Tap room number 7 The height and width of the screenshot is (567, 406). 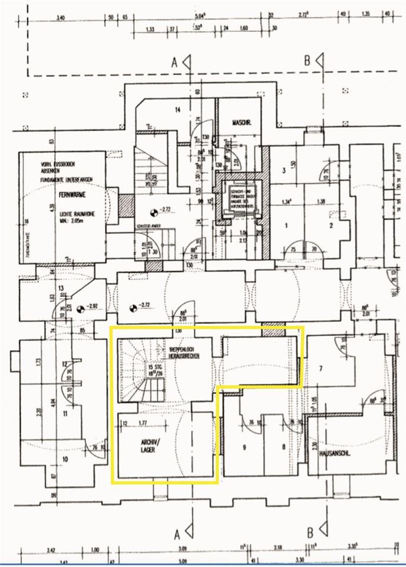[x=320, y=369]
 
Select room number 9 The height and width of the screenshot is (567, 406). [x=243, y=447]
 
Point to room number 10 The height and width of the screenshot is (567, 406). [x=65, y=458]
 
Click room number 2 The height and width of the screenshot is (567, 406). [x=332, y=225]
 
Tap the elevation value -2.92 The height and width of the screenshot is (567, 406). [x=90, y=307]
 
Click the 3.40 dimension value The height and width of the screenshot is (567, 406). [x=59, y=18]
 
